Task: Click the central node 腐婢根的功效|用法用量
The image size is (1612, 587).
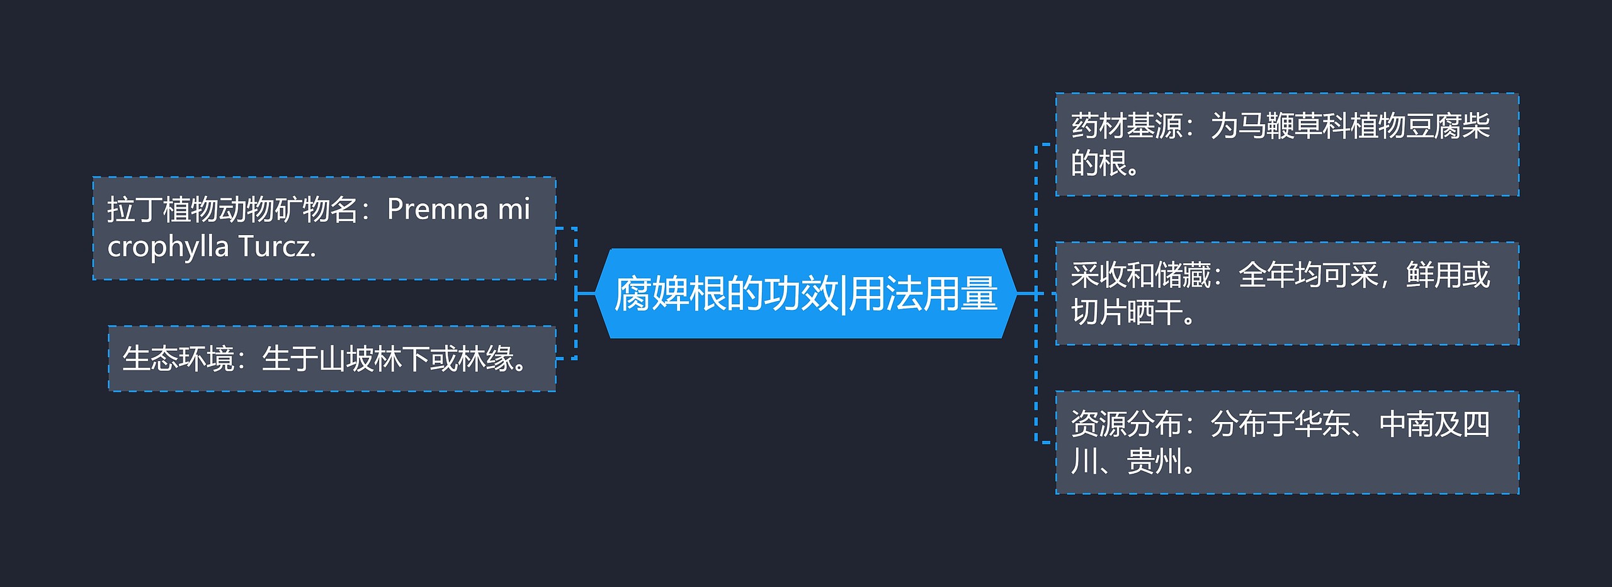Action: click(x=806, y=293)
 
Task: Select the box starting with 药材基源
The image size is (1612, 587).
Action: click(x=1286, y=144)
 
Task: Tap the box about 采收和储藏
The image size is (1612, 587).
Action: click(x=1286, y=293)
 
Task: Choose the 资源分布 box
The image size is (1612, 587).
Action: click(x=1286, y=442)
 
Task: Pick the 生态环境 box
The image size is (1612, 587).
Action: click(x=331, y=358)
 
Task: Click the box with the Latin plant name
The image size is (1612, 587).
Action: click(x=324, y=228)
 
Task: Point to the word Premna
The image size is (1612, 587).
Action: click(x=438, y=209)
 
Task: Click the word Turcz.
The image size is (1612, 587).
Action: click(x=276, y=246)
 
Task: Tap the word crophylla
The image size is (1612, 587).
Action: click(x=167, y=246)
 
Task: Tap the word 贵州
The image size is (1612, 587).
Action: click(x=1154, y=462)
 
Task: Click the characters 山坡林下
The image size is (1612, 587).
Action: click(x=374, y=359)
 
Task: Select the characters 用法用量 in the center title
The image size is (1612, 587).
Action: click(x=923, y=294)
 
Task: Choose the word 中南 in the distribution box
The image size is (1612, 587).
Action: click(x=1406, y=424)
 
